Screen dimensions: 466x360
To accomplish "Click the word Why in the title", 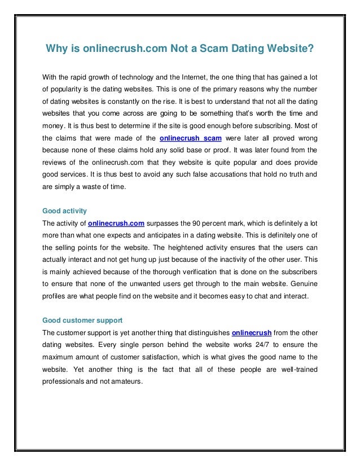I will [56, 49].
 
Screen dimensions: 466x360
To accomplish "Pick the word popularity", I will [69, 89].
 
